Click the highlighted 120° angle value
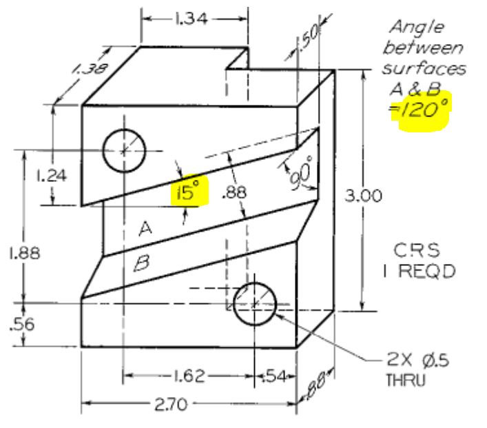click(x=421, y=109)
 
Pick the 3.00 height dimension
click(x=364, y=196)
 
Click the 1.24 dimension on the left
click(x=51, y=175)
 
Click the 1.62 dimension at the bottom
click(x=188, y=376)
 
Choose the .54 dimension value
click(x=275, y=376)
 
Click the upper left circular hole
click(x=125, y=149)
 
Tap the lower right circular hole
click(x=255, y=303)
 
